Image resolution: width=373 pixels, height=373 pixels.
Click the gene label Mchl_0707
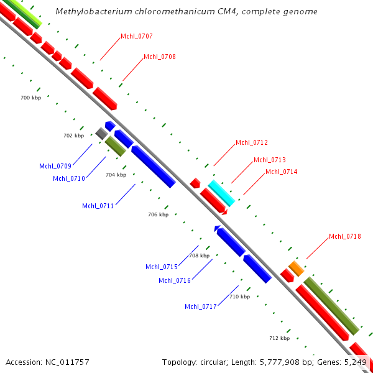coord(137,36)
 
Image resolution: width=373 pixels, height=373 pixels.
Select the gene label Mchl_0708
coord(160,57)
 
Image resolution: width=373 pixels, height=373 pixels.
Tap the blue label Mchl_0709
coord(55,166)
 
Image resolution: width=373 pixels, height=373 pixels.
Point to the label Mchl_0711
coord(98,206)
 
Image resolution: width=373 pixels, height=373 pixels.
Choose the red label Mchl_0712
coord(252,142)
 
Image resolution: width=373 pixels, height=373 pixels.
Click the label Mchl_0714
coord(282,172)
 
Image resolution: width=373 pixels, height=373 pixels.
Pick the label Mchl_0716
coord(175,280)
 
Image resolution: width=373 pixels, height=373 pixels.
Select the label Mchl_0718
coord(345,236)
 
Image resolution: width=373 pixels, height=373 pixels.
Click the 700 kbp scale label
coord(30,98)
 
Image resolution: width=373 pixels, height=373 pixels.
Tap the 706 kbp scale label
coord(158,214)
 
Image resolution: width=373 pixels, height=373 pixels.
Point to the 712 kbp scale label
coord(279,338)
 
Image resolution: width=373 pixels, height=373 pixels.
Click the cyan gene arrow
coord(221,193)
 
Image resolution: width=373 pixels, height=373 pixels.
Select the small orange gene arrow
coord(296,269)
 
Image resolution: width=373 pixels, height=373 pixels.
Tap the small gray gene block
coord(101,133)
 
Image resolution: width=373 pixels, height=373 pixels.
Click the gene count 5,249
coord(355,362)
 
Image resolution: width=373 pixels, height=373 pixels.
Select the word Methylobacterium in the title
coord(89,12)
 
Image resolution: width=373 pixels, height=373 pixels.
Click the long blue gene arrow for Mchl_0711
coord(153,166)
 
